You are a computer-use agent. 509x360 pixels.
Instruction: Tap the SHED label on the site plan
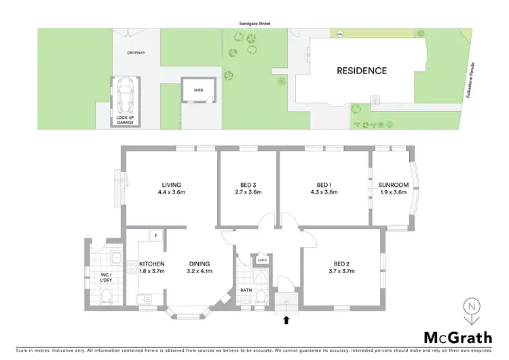click(x=198, y=90)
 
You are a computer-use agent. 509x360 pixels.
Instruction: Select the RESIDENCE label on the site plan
click(x=362, y=71)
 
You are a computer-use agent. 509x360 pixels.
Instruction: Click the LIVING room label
click(x=170, y=185)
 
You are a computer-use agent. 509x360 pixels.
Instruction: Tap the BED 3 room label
click(x=247, y=185)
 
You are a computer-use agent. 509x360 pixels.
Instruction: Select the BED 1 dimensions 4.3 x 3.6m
click(x=323, y=193)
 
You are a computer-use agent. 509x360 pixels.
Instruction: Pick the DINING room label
click(x=200, y=264)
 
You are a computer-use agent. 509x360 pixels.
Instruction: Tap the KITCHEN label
click(x=151, y=264)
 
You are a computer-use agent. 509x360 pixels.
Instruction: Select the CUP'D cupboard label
click(x=262, y=259)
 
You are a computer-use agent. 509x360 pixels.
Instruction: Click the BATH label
click(x=246, y=290)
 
